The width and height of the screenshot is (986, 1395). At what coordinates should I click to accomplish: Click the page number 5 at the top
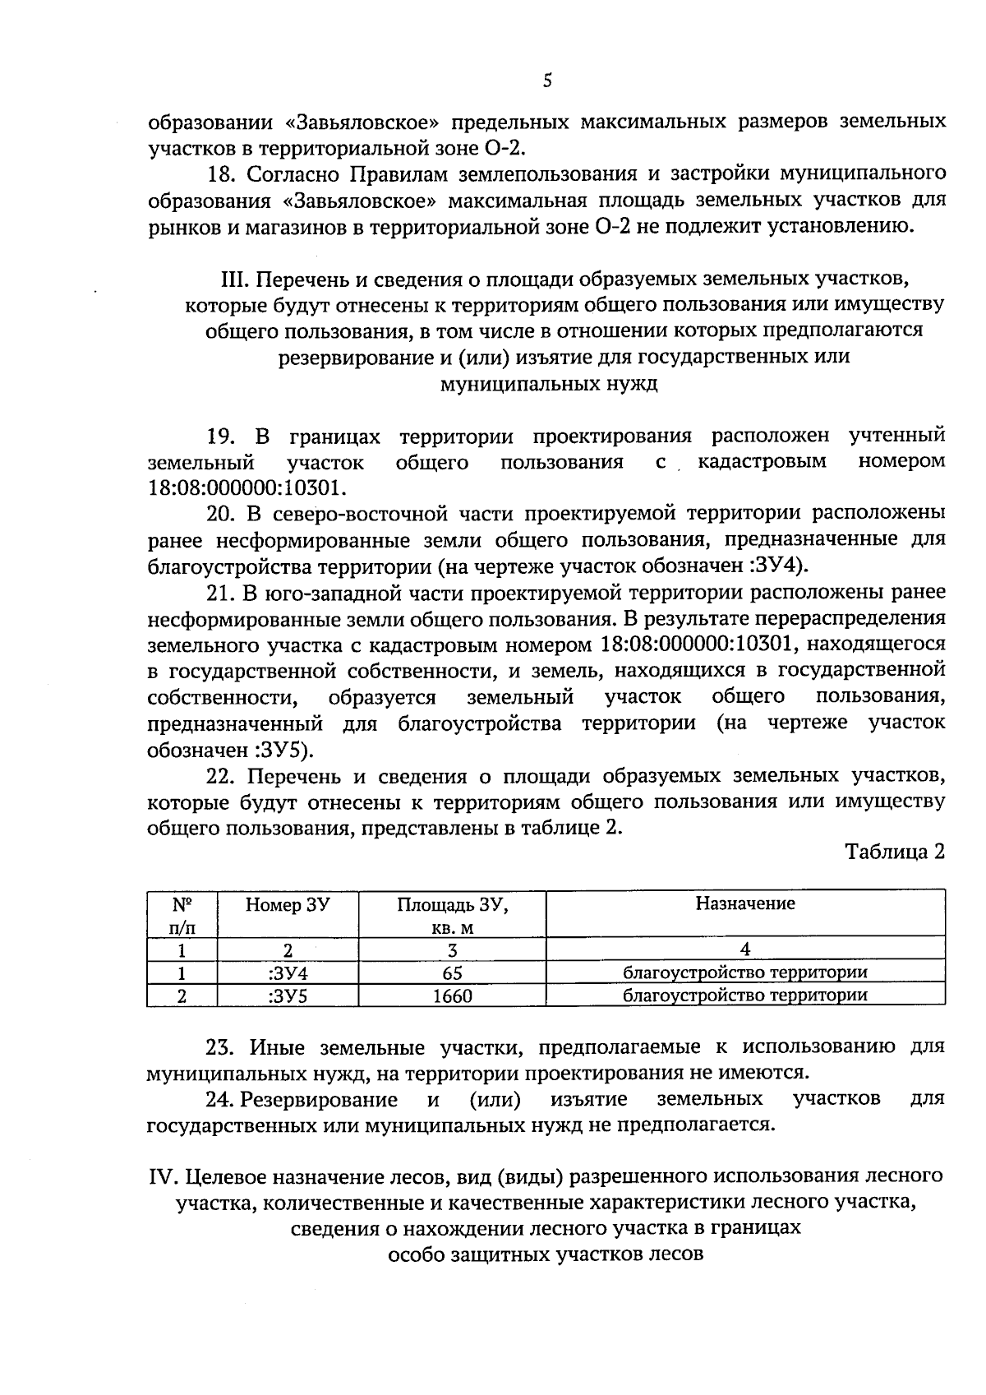pos(548,80)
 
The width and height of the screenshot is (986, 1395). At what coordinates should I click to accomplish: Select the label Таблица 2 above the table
pos(895,852)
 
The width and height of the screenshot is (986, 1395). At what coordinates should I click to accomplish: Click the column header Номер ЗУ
pos(288,904)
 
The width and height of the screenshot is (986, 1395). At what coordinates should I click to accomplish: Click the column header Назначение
pos(744,903)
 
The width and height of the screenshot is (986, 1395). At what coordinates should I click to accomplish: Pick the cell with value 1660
pos(452,996)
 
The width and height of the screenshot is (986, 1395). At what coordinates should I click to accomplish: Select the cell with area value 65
pos(452,973)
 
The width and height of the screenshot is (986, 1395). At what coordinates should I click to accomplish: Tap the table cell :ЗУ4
pos(287,973)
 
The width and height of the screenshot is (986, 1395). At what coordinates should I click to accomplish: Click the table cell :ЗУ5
pos(287,996)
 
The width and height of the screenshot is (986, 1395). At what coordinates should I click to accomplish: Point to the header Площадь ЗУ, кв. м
pos(452,916)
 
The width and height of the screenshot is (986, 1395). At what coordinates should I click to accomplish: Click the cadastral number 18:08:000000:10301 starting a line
pos(243,487)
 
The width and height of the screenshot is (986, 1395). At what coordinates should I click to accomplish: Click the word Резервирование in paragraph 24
pos(320,1099)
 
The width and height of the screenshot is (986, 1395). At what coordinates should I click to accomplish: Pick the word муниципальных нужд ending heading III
pos(548,384)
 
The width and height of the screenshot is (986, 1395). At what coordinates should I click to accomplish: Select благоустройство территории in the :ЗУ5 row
pos(744,996)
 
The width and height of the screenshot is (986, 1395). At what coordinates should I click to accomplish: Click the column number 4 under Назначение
pos(744,950)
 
